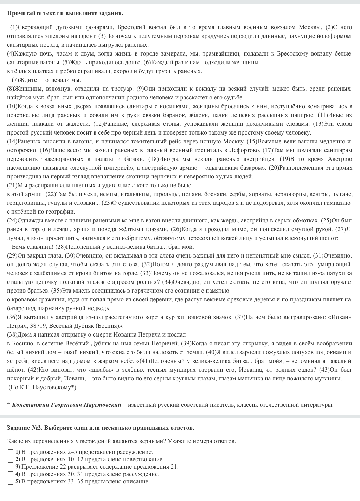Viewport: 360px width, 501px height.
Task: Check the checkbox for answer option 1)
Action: [x=11, y=452]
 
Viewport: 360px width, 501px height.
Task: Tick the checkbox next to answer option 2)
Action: [x=11, y=460]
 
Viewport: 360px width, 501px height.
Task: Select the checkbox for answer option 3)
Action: [x=11, y=467]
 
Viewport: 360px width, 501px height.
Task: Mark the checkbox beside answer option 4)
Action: [x=11, y=474]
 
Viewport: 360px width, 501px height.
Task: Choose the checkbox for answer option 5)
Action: [x=11, y=482]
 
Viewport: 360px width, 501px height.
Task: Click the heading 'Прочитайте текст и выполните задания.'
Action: [x=65, y=13]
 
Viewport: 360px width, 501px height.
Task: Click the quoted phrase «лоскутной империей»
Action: [x=99, y=168]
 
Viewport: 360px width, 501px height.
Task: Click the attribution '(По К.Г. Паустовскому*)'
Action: [x=42, y=387]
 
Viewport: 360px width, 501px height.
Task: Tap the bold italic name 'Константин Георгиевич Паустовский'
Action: [x=66, y=405]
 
